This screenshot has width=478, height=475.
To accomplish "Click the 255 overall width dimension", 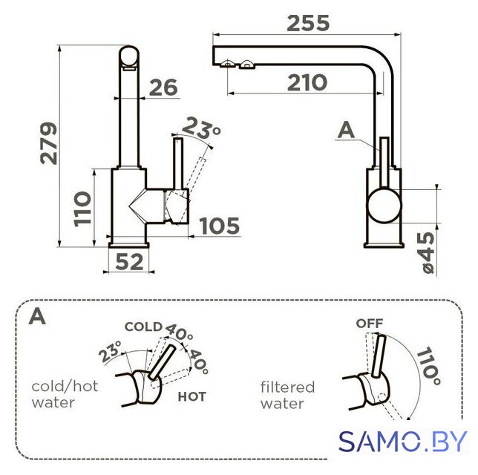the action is [308, 23].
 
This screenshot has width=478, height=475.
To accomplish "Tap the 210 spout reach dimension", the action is [307, 82].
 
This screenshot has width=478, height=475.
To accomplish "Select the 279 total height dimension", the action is [49, 143].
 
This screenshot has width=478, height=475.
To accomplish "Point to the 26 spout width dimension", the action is [163, 88].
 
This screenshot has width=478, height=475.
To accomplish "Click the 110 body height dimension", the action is [82, 209].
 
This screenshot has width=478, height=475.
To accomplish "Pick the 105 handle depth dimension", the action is [220, 226].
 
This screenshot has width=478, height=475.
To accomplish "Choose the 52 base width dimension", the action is [129, 262].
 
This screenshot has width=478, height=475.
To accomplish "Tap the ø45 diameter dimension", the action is [428, 252].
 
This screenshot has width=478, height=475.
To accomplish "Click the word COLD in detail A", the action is [143, 327].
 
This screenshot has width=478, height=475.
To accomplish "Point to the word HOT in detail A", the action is [191, 396].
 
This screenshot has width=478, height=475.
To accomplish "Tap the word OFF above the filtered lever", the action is [370, 324].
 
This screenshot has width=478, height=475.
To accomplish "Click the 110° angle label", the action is [429, 366].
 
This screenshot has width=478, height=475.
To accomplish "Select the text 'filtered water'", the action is [287, 396].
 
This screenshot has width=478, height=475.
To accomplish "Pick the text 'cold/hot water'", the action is [65, 394].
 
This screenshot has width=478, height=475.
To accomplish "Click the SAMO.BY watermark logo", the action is [403, 441].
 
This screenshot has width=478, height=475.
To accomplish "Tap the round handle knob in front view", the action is [384, 206].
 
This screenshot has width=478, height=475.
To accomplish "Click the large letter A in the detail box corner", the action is [37, 316].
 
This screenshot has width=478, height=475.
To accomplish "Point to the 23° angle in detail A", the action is [111, 351].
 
